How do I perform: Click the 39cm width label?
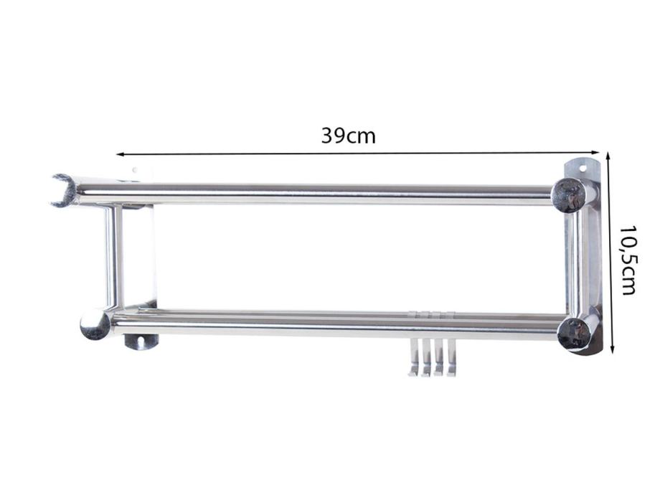348,136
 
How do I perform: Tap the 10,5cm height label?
628,260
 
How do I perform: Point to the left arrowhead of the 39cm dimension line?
120,154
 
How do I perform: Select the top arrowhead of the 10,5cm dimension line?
608,156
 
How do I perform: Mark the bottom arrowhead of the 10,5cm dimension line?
613,349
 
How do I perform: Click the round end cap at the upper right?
569,195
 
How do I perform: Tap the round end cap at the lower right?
574,334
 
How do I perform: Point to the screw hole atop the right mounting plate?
583,169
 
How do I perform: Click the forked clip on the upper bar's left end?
63,191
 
